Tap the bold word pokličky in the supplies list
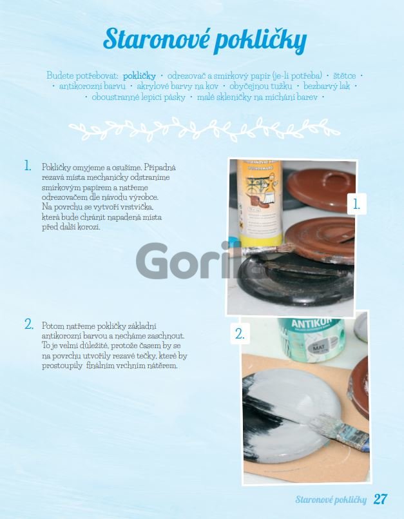[139, 76]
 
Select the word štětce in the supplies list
[345, 76]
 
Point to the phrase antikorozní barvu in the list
[92, 86]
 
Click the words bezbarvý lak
[327, 86]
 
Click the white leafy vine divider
[204, 129]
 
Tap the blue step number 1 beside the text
[28, 166]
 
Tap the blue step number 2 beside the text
[29, 324]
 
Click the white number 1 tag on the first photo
[357, 204]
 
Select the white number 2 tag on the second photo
[240, 334]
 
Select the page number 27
[381, 499]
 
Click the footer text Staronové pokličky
[331, 500]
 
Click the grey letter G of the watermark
[153, 261]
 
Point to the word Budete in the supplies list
[60, 76]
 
